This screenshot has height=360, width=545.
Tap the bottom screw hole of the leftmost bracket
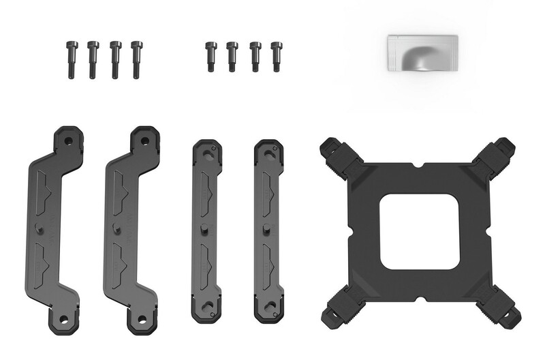[63, 318]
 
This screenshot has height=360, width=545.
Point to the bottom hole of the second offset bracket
[140, 318]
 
